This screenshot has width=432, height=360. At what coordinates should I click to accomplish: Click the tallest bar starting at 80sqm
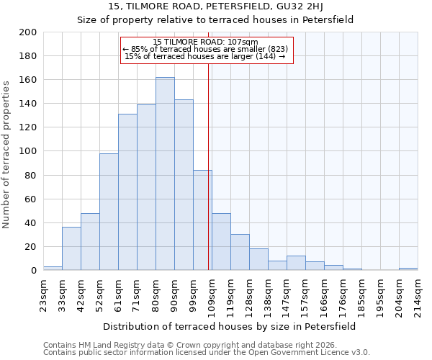[x=165, y=174]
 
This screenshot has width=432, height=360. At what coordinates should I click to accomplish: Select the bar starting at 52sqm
[x=109, y=212]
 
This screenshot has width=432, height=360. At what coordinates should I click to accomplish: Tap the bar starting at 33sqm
[x=71, y=248]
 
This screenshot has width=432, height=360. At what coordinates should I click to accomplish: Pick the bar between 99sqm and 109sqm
[x=202, y=220]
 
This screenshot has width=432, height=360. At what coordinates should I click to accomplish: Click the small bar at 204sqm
[x=408, y=269]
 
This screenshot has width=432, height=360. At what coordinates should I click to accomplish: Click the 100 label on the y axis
[x=27, y=151]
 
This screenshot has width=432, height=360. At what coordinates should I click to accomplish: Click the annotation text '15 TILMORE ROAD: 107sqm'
[x=205, y=42]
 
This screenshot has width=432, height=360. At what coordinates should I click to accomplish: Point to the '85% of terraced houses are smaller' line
[x=205, y=49]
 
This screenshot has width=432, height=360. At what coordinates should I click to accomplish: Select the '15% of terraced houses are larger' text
[x=205, y=56]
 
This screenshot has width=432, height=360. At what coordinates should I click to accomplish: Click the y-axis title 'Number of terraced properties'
[x=7, y=154]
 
